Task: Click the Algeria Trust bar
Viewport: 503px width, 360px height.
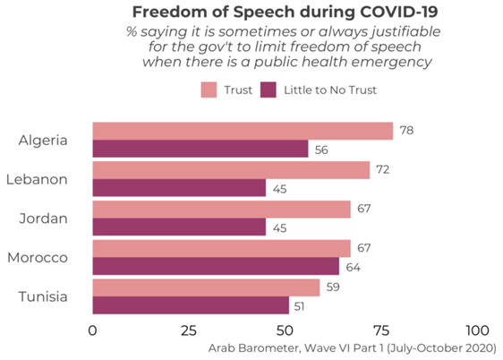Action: [x=243, y=131]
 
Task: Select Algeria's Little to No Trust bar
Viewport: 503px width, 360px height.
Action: [x=200, y=150]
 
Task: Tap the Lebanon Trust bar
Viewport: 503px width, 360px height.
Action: [x=231, y=170]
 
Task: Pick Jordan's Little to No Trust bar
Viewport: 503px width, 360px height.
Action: [x=179, y=227]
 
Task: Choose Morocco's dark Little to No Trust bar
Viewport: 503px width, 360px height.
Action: [x=216, y=266]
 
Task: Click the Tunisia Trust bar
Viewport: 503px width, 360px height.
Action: [x=206, y=287]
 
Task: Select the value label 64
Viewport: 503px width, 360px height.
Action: [x=354, y=266]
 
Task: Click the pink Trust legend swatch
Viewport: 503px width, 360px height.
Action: [x=209, y=90]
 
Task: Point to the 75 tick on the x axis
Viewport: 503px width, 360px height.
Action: [x=382, y=330]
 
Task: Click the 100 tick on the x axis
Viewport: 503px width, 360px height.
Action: [x=477, y=330]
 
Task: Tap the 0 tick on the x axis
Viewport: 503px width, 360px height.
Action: [x=93, y=330]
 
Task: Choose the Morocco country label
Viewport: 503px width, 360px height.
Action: [x=38, y=257]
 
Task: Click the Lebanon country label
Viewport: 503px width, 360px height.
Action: [x=37, y=179]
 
